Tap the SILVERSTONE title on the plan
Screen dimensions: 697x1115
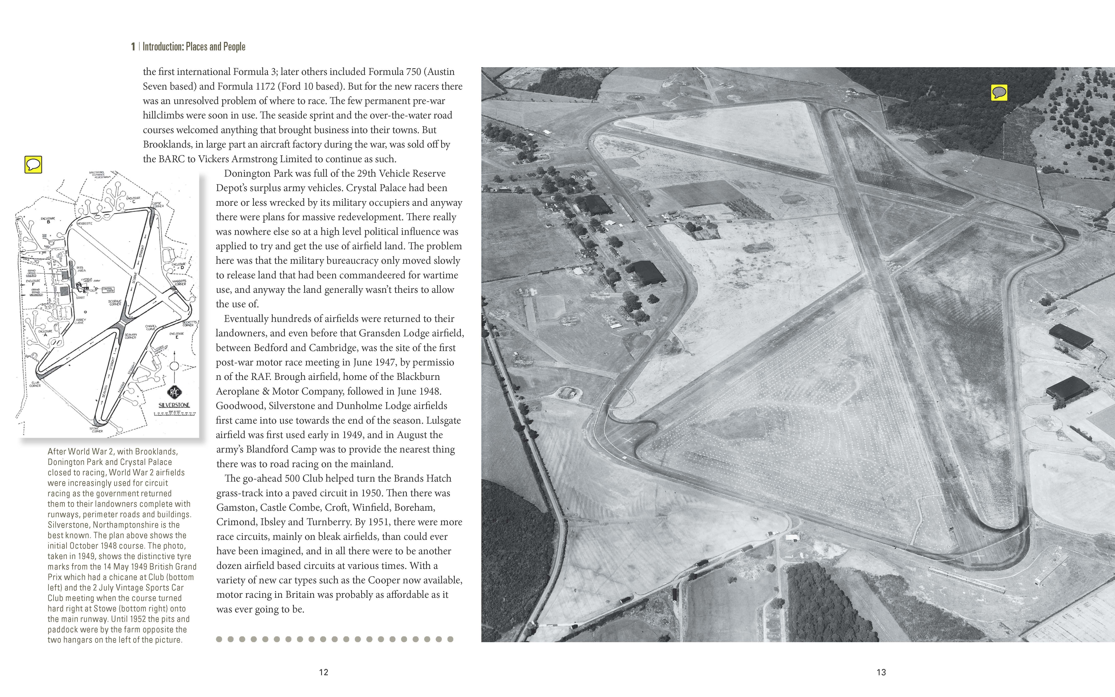(x=174, y=405)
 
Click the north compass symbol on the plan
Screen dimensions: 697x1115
(x=174, y=365)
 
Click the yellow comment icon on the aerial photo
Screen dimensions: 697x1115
(x=999, y=93)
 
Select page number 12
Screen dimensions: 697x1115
(x=323, y=672)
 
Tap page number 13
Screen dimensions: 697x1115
(x=881, y=672)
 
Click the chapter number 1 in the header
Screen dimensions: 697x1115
(x=133, y=46)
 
